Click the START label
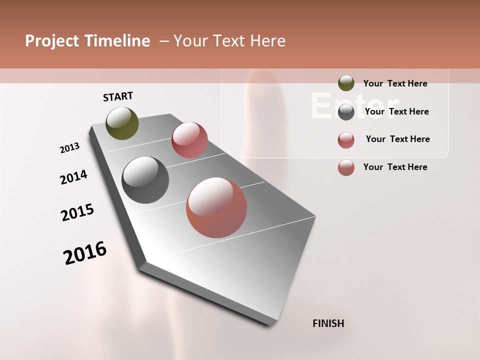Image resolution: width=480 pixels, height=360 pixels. coord(118,96)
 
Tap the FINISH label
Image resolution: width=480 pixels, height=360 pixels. coord(328,323)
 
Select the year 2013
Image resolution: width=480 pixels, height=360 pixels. coord(70,148)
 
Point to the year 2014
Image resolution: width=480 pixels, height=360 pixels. coord(74,177)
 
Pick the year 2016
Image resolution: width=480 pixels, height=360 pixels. coord(85,253)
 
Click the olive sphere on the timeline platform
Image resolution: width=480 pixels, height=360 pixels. coord(122,123)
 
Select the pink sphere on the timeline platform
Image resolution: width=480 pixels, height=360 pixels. coord(189,140)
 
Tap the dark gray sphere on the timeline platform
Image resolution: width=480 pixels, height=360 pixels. coord(145,180)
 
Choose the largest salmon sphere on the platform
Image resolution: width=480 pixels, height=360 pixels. coord(216,207)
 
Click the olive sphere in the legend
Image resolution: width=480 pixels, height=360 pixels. coord(346,83)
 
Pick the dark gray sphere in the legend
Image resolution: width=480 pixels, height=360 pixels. coord(346,112)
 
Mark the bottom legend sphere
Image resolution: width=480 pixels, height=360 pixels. coord(346,167)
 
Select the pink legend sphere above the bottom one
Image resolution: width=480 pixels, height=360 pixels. coord(346,140)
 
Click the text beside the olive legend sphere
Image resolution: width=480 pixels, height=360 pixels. coord(395,83)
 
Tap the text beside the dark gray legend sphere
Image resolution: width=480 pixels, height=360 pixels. coord(396,111)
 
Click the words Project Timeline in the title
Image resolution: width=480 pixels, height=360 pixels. coord(87,41)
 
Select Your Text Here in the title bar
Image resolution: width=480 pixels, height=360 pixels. coord(229,41)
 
